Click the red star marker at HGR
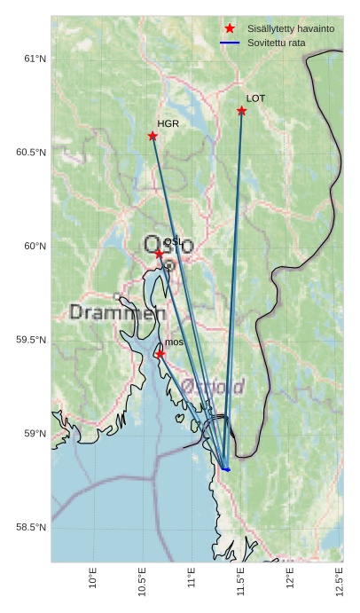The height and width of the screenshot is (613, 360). (153, 136)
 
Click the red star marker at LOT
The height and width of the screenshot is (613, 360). (241, 111)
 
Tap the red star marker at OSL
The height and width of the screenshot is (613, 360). (160, 254)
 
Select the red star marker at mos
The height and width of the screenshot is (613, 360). (160, 354)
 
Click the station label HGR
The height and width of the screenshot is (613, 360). (168, 124)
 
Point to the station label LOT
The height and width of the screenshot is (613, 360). (255, 98)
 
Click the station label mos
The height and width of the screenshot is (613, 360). (174, 342)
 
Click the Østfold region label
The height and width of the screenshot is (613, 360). (213, 386)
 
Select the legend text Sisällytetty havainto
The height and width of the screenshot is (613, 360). (291, 29)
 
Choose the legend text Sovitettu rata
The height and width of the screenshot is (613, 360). (277, 43)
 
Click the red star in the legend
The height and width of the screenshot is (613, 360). (230, 29)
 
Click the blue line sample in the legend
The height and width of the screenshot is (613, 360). (230, 43)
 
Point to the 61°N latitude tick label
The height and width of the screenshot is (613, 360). (35, 59)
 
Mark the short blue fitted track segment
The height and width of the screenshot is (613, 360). (225, 468)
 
